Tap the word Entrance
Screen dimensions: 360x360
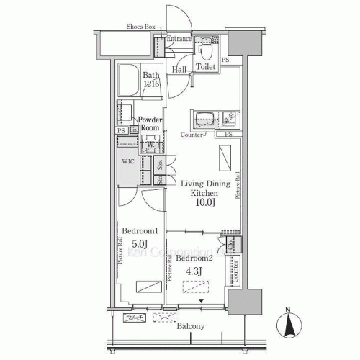pyautogui.click(x=179, y=39)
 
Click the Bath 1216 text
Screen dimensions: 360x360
pyautogui.click(x=150, y=79)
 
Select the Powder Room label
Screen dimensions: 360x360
pyautogui.click(x=150, y=122)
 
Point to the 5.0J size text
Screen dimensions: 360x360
pyautogui.click(x=139, y=243)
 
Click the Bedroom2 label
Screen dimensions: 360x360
pyautogui.click(x=194, y=258)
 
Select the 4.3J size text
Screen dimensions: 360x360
pyautogui.click(x=194, y=271)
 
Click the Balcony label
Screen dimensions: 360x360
pyautogui.click(x=188, y=326)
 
